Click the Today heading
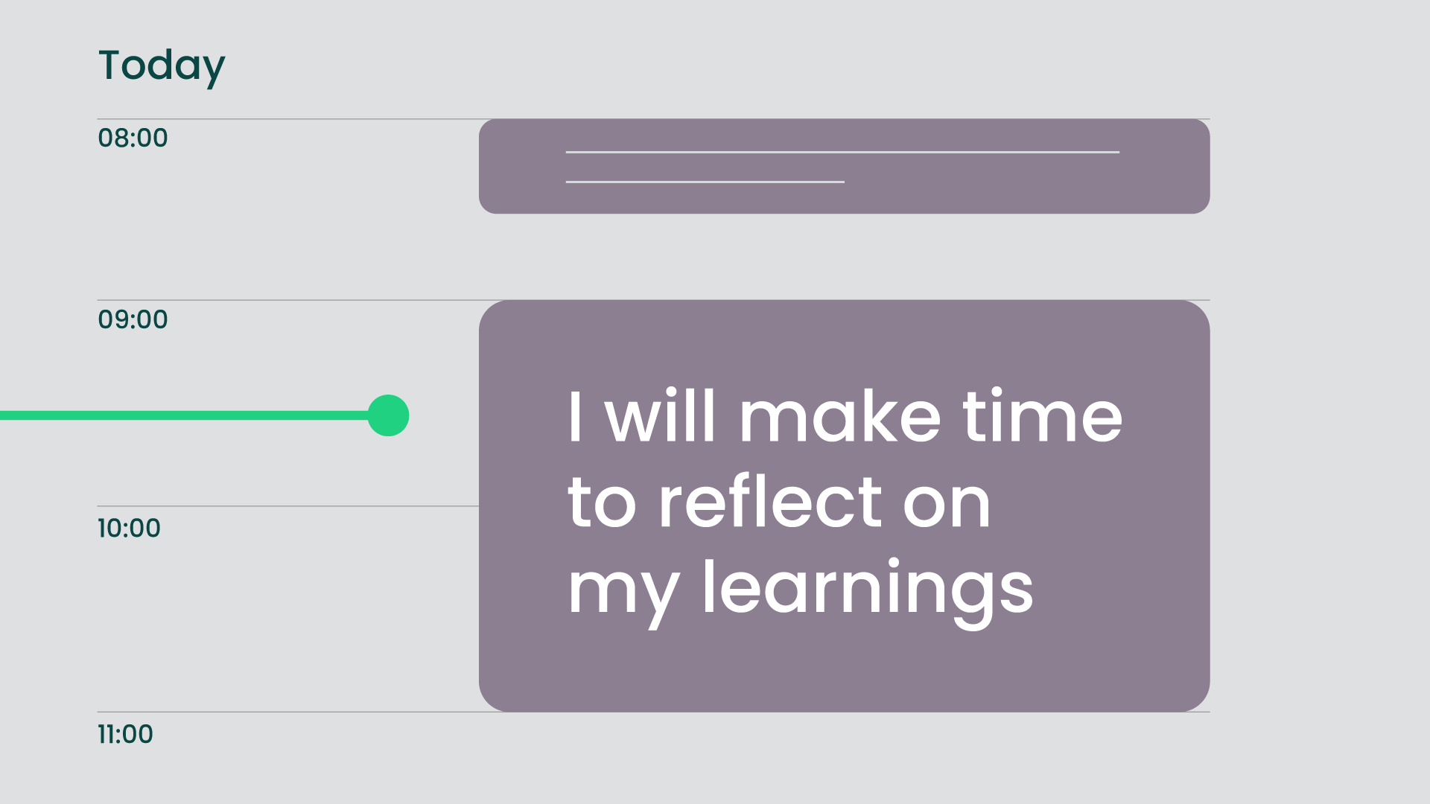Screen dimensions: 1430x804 tap(162, 67)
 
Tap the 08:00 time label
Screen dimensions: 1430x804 tap(133, 138)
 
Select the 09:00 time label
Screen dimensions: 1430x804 tap(133, 319)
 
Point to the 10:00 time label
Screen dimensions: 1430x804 tap(129, 528)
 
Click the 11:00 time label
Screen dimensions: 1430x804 tap(125, 734)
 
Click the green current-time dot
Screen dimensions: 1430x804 tap(388, 415)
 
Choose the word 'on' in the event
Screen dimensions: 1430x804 tap(947, 505)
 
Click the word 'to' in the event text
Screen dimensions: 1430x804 tap(602, 503)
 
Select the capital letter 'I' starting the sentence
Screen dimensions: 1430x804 tap(574, 416)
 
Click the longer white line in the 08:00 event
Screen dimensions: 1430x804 tap(842, 152)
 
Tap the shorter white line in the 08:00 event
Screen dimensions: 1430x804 tap(705, 182)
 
